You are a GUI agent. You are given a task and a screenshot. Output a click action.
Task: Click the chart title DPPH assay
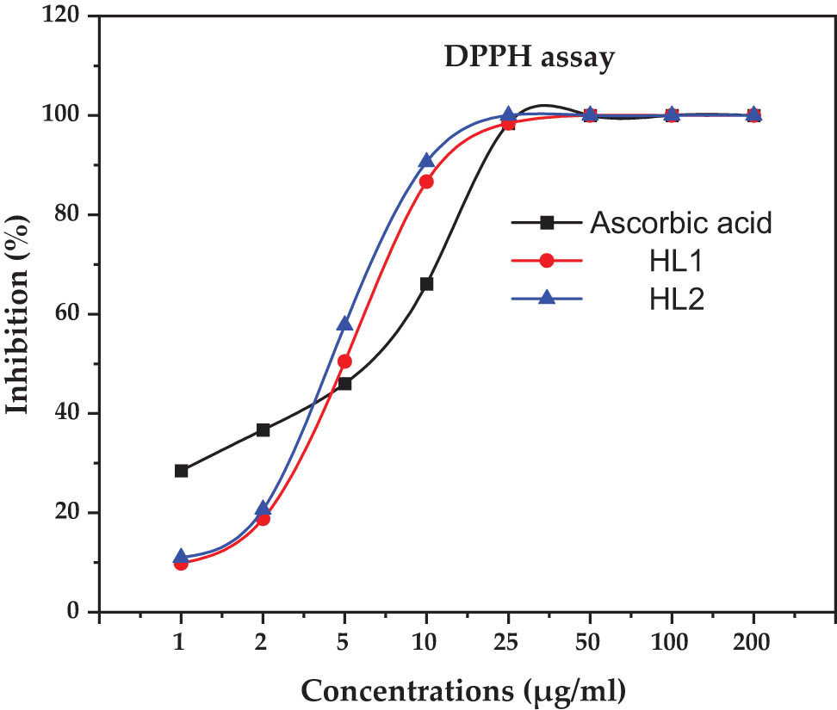(x=529, y=59)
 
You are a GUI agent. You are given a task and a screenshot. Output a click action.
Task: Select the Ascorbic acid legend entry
(x=679, y=223)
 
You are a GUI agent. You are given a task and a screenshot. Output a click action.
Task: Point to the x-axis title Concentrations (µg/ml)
(x=462, y=688)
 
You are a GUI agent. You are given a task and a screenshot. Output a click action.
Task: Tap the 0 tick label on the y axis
(x=74, y=612)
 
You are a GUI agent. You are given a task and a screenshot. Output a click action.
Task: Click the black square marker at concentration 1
(x=181, y=471)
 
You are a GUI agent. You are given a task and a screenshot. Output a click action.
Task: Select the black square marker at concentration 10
(x=426, y=284)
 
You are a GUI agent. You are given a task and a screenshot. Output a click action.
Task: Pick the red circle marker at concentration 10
(x=426, y=182)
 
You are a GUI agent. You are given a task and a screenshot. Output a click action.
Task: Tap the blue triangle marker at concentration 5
(x=344, y=324)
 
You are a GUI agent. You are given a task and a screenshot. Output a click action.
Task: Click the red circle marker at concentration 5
(x=344, y=361)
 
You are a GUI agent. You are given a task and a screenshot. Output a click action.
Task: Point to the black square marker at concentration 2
(x=263, y=430)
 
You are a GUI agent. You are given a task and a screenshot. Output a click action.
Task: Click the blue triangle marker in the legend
(x=546, y=298)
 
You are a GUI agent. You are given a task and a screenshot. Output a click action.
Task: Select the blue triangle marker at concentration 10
(x=426, y=161)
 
